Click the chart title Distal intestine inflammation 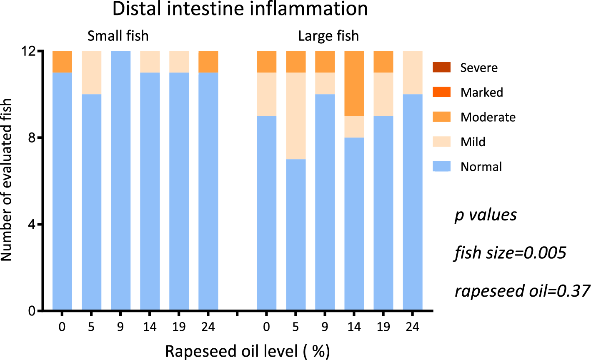[240, 9]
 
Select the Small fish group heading [118, 36]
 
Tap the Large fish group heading [328, 36]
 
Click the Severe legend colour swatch [441, 67]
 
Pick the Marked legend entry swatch [441, 92]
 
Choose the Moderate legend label [488, 117]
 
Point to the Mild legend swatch [441, 142]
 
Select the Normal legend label [481, 167]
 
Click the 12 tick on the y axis [31, 51]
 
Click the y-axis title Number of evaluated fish [7, 180]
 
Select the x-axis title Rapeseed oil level [248, 351]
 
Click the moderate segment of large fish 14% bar [354, 83]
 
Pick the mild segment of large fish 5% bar [295, 116]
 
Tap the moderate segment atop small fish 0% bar [62, 62]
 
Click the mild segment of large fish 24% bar [413, 72]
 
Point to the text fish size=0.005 [510, 252]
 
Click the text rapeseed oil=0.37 [522, 290]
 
